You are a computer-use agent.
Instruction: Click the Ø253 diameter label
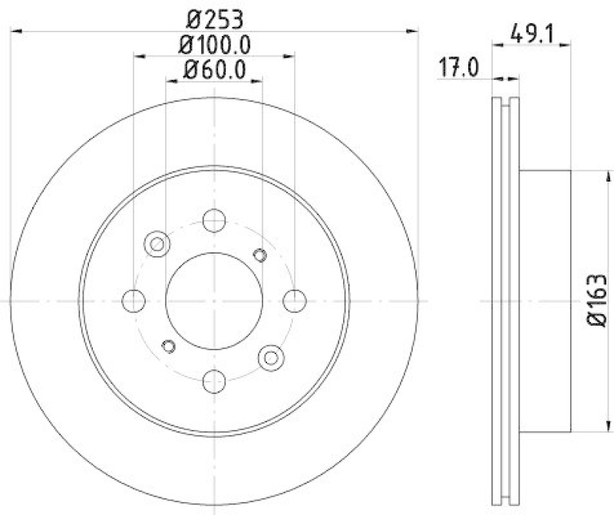(215, 16)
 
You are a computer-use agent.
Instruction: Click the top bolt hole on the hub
(214, 221)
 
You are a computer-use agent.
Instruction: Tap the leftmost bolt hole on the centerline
(134, 300)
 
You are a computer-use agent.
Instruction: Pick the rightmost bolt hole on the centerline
(294, 300)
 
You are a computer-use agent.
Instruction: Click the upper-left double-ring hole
(157, 244)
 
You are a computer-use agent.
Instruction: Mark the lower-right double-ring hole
(270, 356)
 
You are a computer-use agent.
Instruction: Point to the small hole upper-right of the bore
(259, 255)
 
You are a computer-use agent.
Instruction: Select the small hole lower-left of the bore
(169, 346)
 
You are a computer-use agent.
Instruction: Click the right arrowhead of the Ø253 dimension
(416, 31)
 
